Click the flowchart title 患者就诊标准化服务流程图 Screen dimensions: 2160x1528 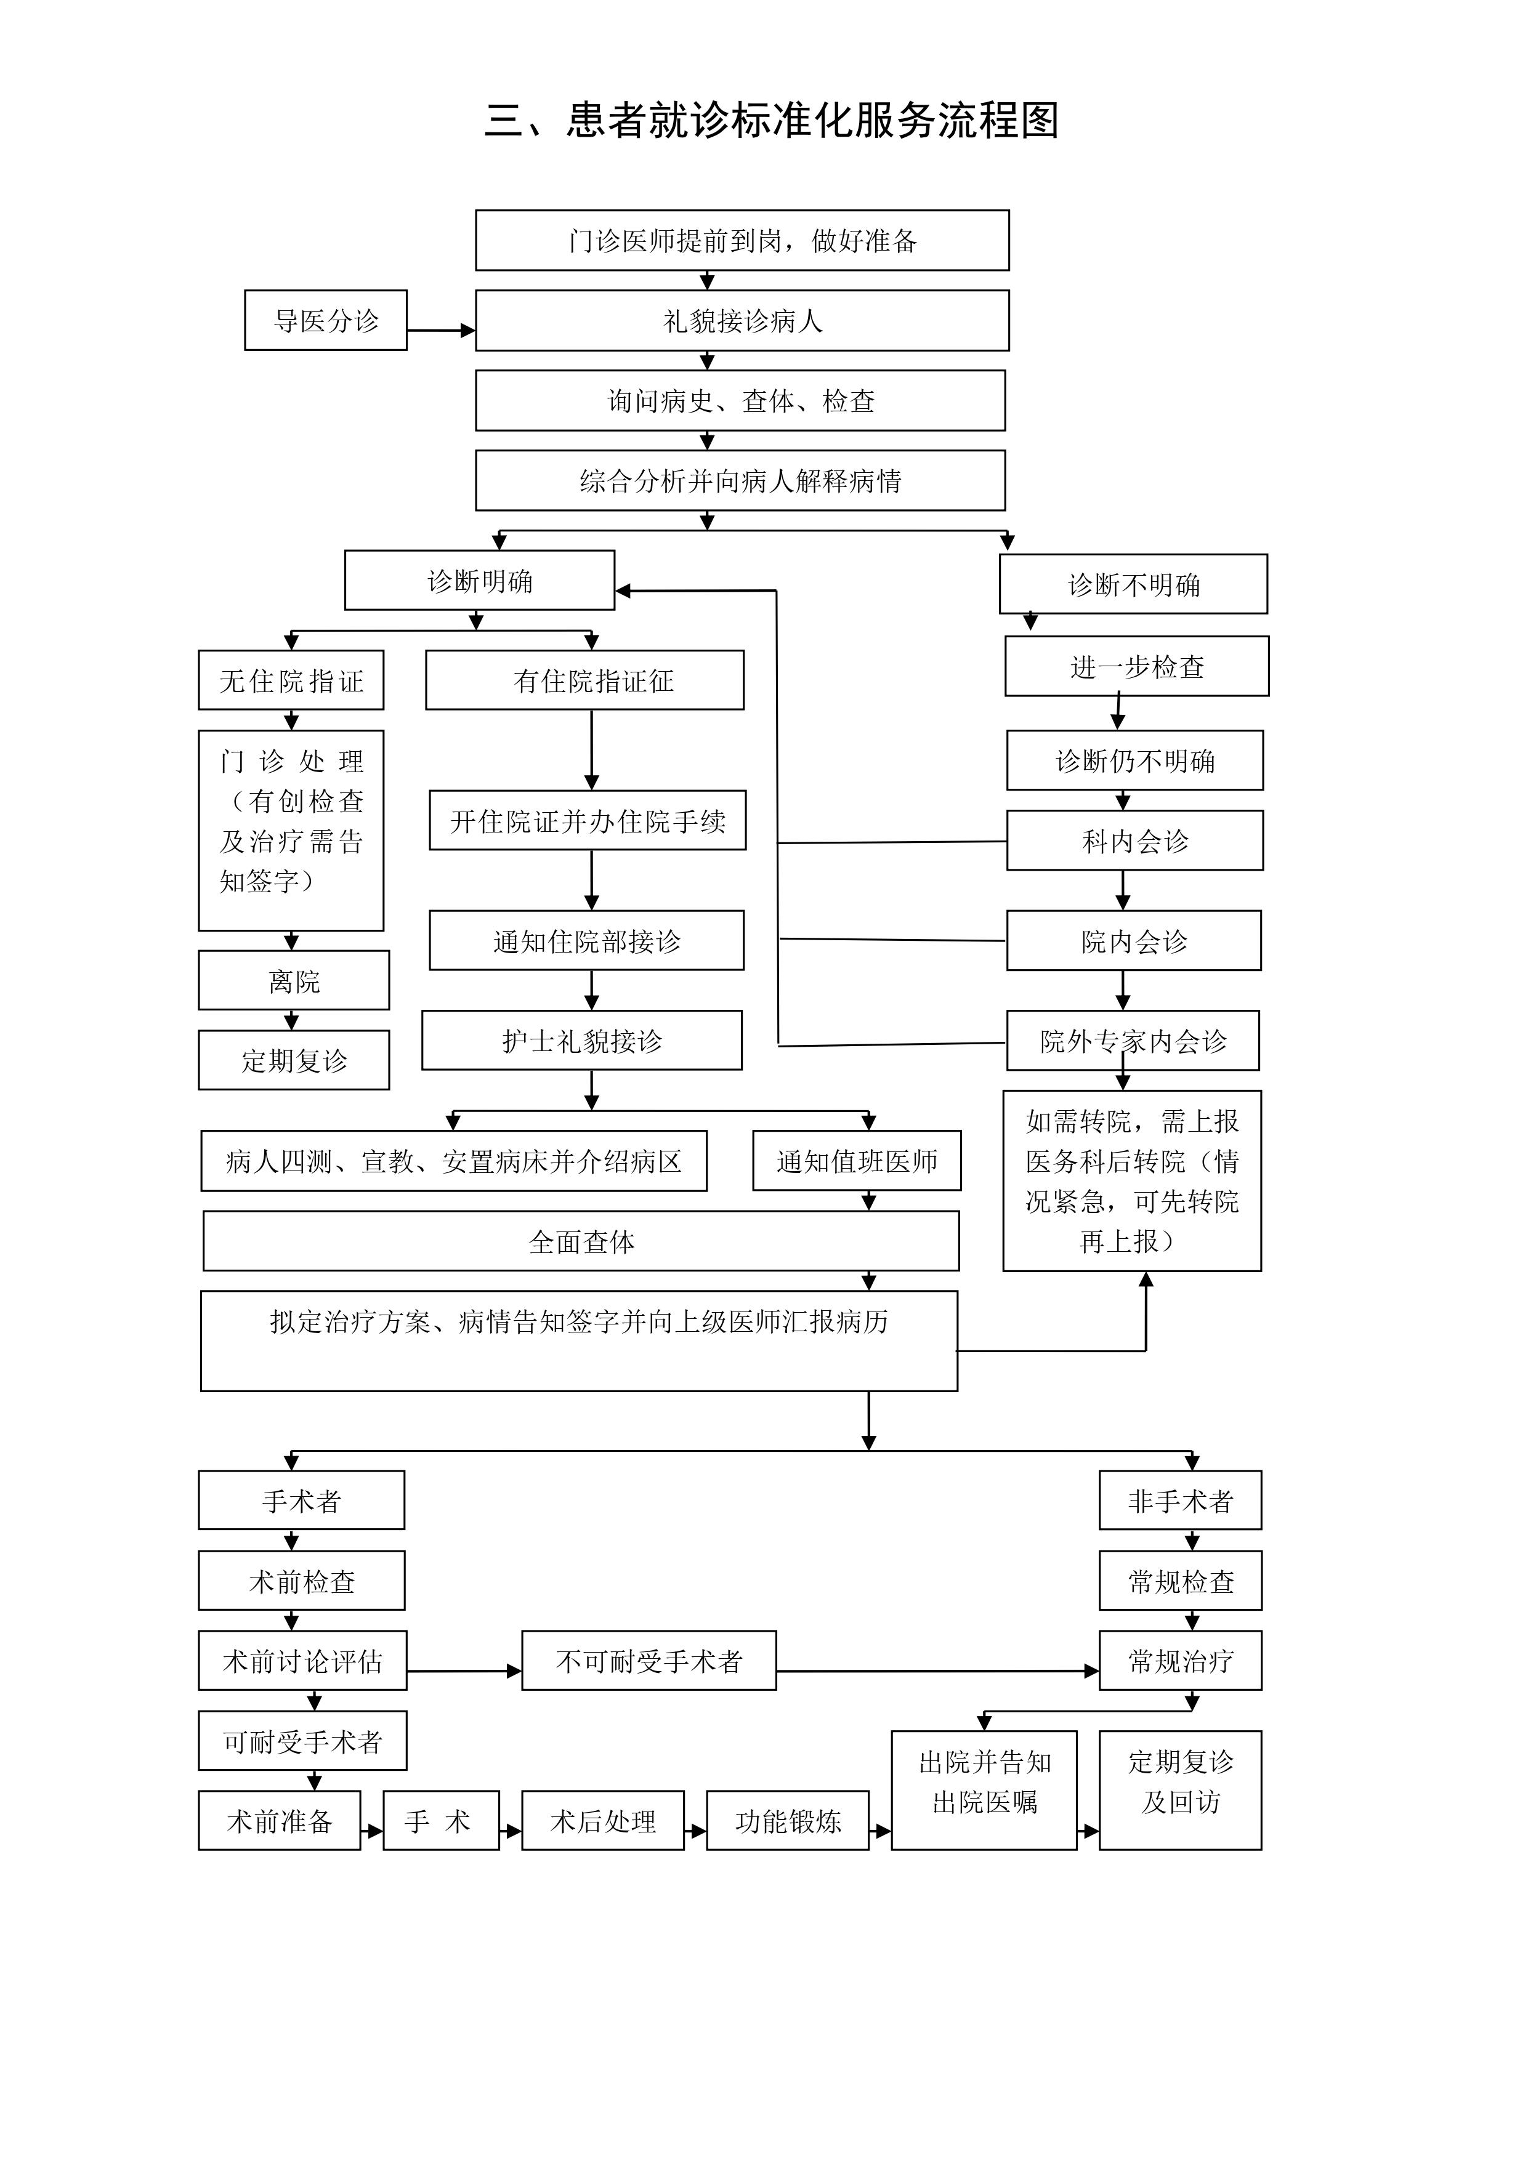click(772, 121)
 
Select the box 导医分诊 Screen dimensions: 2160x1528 click(326, 321)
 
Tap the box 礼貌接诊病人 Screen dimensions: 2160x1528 click(742, 321)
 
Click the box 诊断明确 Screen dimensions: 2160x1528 click(479, 581)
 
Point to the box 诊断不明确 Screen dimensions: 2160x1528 click(1133, 585)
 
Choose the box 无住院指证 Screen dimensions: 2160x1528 click(291, 680)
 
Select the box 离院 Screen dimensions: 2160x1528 click(294, 981)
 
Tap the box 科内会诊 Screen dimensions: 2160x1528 click(1134, 841)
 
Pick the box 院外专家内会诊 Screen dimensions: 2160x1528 click(1133, 1041)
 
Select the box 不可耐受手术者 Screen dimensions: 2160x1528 click(649, 1661)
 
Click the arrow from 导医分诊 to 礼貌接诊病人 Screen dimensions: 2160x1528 click(440, 330)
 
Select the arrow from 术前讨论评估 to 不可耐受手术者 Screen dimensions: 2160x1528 click(464, 1672)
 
